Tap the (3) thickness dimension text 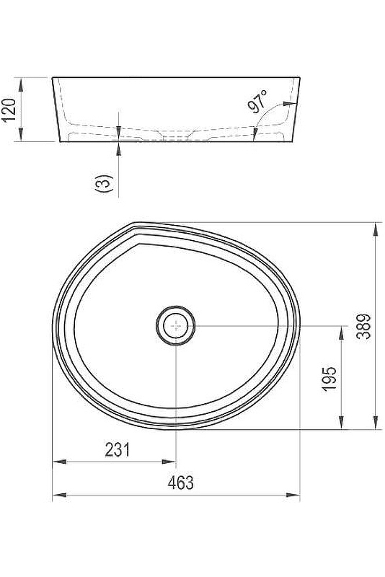point(105,183)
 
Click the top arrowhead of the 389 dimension point(376,229)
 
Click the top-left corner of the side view point(52,76)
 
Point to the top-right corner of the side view point(300,76)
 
